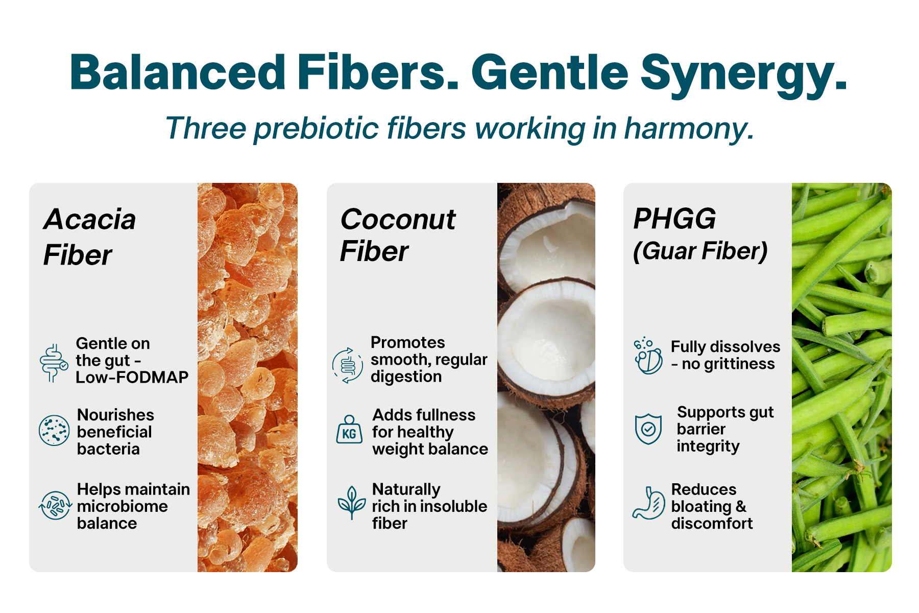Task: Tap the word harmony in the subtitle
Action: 689,128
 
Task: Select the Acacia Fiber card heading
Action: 90,237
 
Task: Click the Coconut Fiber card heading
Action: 398,235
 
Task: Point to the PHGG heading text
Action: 674,219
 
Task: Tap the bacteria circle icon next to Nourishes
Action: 54,430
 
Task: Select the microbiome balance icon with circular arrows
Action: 55,505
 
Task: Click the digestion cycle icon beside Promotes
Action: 348,365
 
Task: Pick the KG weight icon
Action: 349,429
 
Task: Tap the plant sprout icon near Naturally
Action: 352,502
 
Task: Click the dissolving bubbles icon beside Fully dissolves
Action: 648,356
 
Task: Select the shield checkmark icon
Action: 648,429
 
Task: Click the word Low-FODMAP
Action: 132,377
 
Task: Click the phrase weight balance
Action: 430,449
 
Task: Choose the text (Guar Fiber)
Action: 700,251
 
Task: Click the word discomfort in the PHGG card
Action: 712,523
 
